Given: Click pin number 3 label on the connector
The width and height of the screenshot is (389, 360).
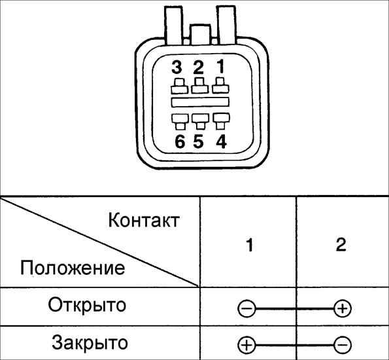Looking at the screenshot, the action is tap(177, 67).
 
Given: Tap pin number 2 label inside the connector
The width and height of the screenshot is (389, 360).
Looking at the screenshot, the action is tap(198, 67).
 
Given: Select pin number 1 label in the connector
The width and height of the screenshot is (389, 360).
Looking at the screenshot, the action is tap(220, 66).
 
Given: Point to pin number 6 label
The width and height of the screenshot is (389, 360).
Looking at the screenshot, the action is tap(180, 142).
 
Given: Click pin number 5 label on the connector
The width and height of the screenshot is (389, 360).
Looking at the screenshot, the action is tap(199, 142).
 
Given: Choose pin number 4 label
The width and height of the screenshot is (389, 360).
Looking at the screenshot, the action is tap(221, 142).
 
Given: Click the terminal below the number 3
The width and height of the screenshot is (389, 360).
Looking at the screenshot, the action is tap(179, 86).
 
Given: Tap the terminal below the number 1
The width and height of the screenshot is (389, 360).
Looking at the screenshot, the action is tap(220, 85).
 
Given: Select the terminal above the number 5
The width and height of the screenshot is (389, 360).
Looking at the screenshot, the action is tap(201, 122).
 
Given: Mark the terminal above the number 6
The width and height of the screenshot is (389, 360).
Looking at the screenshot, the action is tap(180, 122).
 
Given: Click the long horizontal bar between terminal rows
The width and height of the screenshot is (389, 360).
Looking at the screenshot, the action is tap(200, 102).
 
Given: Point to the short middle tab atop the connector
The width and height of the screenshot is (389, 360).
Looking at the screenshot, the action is tap(200, 35).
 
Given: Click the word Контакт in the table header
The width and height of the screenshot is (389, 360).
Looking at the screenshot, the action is tap(144, 220).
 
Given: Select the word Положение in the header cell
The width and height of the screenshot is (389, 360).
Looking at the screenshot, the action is tap(73, 268).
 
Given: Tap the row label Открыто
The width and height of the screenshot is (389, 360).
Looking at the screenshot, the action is tap(87, 305).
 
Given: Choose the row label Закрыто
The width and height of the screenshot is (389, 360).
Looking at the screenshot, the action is tap(90, 343).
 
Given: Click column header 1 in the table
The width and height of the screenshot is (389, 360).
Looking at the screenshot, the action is tap(250, 245).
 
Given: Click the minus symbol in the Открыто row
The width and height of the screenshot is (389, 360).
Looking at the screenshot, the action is tap(246, 309).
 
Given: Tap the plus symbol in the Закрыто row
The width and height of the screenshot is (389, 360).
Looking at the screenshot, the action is tap(246, 345).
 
